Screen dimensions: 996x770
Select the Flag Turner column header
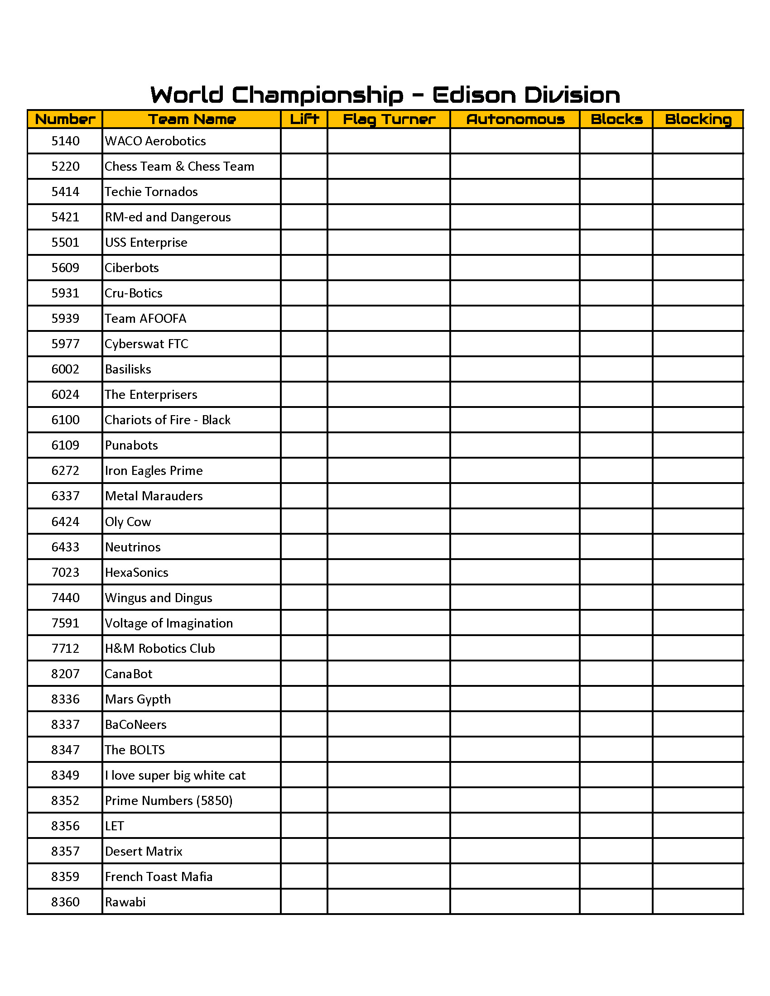tap(389, 120)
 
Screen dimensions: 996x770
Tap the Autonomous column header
tap(515, 120)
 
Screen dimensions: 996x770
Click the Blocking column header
tap(698, 120)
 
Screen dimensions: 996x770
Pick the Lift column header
tap(304, 120)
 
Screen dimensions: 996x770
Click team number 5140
tap(65, 141)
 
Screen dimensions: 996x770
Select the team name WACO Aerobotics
tap(155, 141)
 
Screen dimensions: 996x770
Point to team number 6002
tap(65, 369)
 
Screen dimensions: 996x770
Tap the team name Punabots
tap(131, 445)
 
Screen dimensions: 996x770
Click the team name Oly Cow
tap(128, 522)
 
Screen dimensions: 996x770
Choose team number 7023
tap(65, 573)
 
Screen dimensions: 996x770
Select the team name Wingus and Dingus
tap(158, 598)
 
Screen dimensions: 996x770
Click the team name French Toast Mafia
tap(158, 877)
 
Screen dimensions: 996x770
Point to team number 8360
tap(65, 902)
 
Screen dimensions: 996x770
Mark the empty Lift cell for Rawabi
tap(304, 902)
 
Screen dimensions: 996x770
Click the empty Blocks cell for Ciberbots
tap(616, 268)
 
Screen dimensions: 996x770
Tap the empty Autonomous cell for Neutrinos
tap(515, 547)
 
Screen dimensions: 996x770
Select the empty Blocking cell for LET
tap(698, 826)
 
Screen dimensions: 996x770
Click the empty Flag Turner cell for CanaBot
tap(389, 674)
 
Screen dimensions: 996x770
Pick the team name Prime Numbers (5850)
tap(168, 801)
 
